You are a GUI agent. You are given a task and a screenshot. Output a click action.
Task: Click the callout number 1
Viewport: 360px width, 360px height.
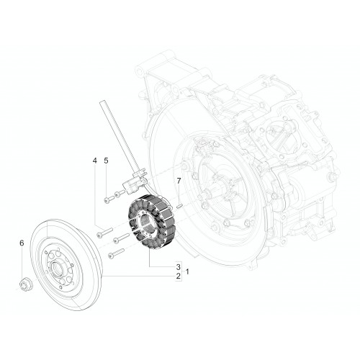point(187,271)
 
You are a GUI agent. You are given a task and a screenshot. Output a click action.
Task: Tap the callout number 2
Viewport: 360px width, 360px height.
point(178,276)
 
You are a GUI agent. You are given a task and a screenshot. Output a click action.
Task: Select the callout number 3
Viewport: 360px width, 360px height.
point(178,266)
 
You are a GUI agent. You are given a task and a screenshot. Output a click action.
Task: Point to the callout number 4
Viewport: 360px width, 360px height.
point(95,161)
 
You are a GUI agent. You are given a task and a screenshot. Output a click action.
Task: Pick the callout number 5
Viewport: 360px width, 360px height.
point(106,161)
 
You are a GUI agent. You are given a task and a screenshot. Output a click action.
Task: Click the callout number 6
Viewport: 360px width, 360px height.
point(22,243)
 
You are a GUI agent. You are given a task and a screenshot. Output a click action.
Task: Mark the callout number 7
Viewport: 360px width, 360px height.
point(179,181)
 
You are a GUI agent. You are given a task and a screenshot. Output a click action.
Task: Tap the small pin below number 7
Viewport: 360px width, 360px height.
point(180,206)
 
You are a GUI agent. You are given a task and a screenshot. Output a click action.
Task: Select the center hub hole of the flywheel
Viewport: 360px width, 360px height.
point(57,267)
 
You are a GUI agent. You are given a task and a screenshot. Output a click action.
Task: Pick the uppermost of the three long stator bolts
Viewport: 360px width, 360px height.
point(104,233)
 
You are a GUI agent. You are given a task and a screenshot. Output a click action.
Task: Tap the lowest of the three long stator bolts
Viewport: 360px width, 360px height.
point(117,253)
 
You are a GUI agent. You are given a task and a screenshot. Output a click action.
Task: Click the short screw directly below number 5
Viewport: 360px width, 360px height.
point(109,199)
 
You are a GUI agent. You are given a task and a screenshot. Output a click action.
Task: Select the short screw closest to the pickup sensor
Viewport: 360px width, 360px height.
point(120,193)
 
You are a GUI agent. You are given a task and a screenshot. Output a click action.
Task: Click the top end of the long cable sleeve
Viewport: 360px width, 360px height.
point(102,103)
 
